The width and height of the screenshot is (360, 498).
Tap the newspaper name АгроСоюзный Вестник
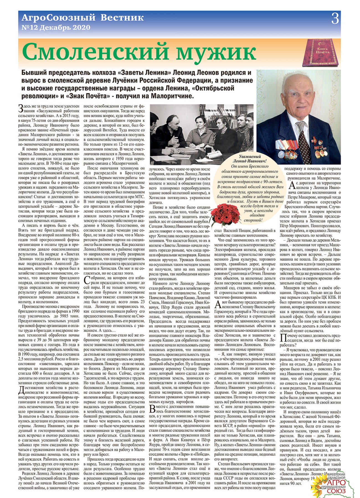pos(83,18)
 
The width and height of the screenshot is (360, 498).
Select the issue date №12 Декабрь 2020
pos(56,28)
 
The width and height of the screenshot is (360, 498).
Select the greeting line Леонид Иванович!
pos(250,161)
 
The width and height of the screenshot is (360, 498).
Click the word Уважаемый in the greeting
pos(250,157)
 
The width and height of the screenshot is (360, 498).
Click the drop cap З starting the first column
pos(20,108)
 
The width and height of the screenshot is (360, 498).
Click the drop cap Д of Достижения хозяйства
pos(21,390)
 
